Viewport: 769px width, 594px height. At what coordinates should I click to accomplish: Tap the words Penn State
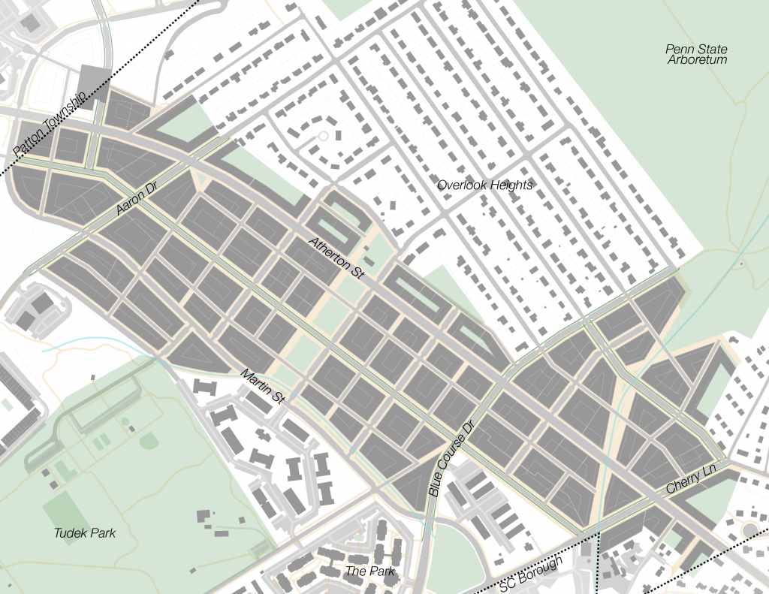coord(696,50)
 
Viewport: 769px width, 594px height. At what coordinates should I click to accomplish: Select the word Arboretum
coord(697,60)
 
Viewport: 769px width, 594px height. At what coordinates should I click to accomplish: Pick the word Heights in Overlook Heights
coord(510,185)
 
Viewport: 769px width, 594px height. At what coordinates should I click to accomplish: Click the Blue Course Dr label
coord(453,458)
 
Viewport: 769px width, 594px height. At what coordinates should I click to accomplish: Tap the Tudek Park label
coord(85,533)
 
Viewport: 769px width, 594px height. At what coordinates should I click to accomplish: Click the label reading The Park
coord(369,571)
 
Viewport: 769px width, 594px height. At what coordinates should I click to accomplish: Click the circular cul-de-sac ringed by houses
coord(324,136)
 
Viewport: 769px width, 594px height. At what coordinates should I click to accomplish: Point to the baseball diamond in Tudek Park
coord(149,440)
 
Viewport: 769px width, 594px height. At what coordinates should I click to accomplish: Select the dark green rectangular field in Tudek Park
coord(63,511)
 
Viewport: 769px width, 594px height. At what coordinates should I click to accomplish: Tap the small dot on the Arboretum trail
coord(741,264)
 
